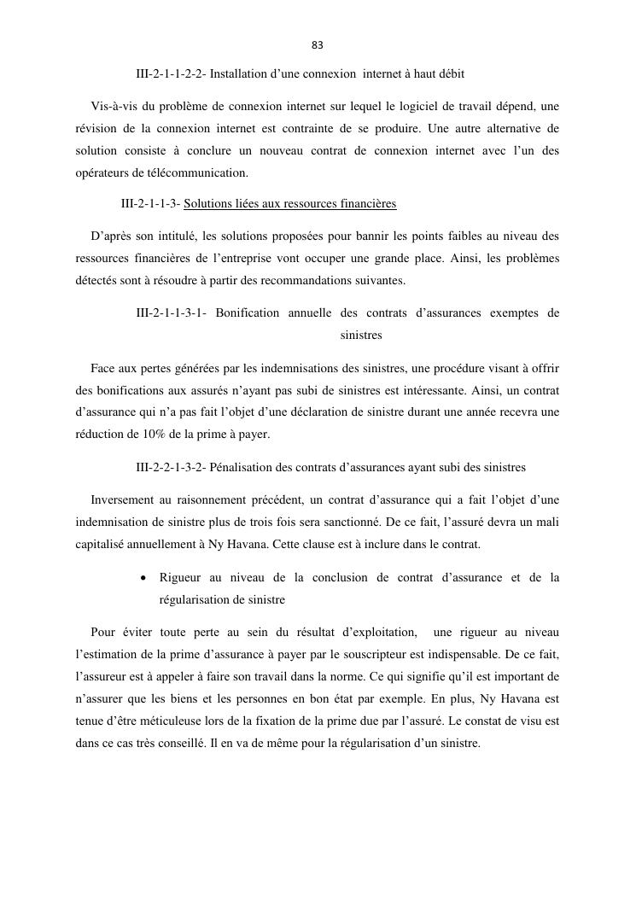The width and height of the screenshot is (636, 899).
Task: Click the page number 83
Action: click(x=318, y=45)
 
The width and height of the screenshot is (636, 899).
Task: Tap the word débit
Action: click(x=449, y=73)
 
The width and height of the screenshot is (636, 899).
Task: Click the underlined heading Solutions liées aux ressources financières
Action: click(x=289, y=204)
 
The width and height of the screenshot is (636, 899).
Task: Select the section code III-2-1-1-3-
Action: click(x=150, y=204)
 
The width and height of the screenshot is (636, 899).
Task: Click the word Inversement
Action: click(x=123, y=499)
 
